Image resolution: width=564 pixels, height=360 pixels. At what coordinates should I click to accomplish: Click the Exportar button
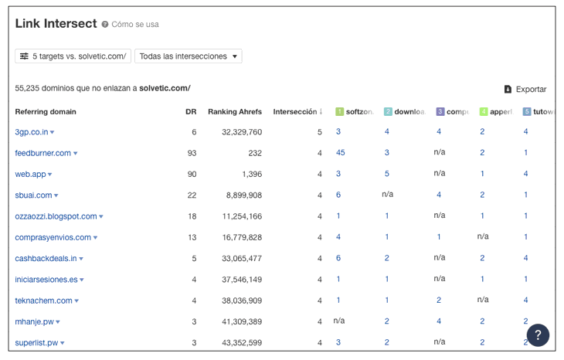[525, 90]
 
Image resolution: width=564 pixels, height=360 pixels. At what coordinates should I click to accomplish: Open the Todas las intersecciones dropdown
[188, 56]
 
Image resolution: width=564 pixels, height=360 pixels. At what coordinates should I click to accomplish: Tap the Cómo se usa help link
[134, 25]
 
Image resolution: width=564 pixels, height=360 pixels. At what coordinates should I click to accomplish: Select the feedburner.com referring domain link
[42, 153]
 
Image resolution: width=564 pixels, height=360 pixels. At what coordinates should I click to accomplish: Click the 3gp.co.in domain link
[31, 132]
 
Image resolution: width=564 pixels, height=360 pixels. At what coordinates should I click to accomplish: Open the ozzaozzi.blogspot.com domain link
[56, 216]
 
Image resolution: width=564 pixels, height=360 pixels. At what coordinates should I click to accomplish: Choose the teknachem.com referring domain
[43, 301]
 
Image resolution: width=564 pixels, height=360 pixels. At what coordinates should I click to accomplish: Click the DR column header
[191, 112]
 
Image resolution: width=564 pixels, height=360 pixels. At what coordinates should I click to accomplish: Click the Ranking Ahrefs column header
[234, 112]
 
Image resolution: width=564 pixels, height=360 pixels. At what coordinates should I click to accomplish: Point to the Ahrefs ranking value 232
[255, 153]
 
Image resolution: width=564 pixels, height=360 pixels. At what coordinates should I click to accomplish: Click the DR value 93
[192, 153]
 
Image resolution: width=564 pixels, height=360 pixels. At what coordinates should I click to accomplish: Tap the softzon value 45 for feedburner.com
[340, 153]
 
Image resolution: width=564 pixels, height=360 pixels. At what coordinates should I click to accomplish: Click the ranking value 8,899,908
[242, 195]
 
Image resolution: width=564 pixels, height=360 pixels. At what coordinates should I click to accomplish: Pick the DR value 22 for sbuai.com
[192, 195]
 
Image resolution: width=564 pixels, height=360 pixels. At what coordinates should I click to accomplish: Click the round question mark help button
[538, 335]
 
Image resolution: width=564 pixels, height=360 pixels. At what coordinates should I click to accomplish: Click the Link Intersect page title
[56, 24]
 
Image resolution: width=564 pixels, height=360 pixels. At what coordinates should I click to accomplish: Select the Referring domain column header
[46, 112]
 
